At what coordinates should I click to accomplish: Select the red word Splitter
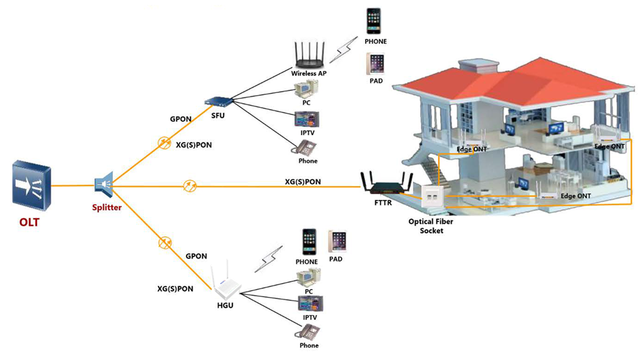point(107,207)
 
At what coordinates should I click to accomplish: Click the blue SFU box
point(217,101)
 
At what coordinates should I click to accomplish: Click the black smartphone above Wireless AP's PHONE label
point(375,21)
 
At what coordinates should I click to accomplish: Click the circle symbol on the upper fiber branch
point(163,143)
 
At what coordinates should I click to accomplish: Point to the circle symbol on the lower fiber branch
point(163,242)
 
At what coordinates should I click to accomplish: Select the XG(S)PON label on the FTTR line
point(302,181)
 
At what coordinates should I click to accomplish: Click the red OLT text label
point(29,222)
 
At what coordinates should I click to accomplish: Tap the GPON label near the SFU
point(181,118)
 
